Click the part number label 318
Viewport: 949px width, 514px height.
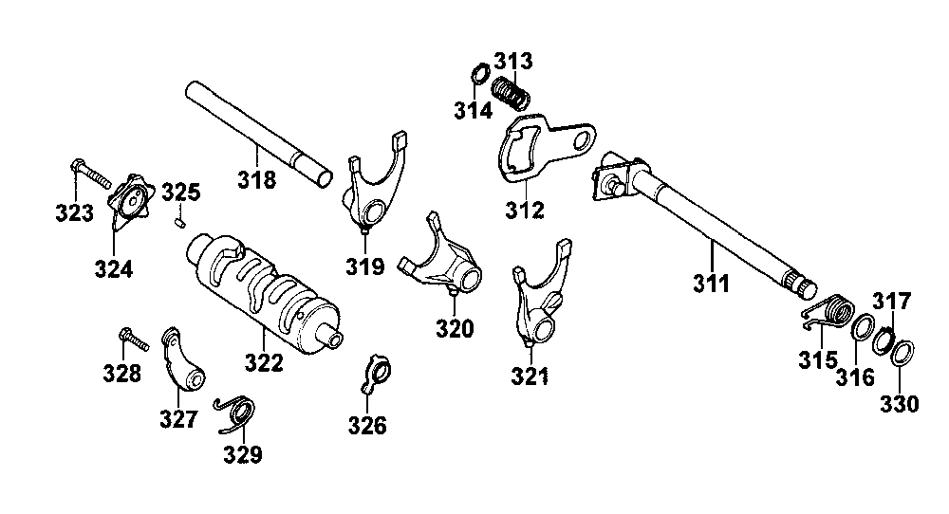(257, 178)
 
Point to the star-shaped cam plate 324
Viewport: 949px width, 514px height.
(130, 201)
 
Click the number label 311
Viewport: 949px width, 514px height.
(711, 283)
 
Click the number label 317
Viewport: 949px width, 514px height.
(891, 303)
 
